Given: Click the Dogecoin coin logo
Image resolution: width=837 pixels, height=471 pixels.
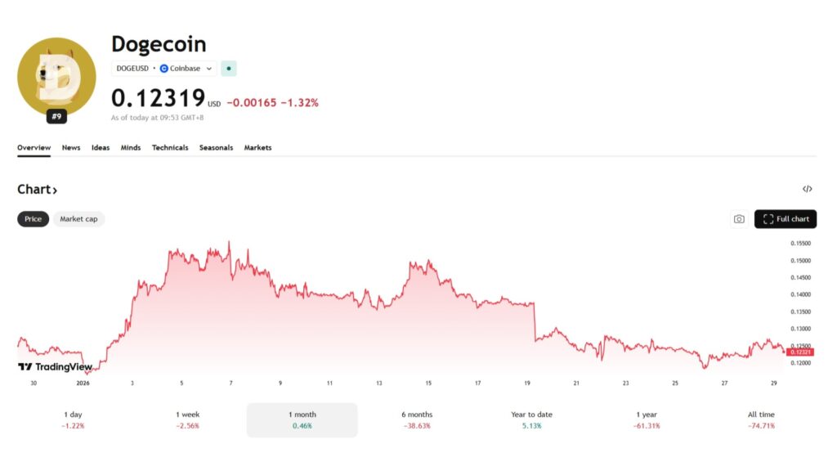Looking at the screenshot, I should [x=56, y=76].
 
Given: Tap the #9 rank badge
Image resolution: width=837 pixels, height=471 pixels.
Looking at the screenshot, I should [x=56, y=117].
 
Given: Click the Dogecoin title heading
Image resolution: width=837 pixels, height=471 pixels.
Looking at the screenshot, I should [x=159, y=44].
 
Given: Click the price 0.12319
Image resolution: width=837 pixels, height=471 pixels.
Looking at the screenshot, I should [x=158, y=98].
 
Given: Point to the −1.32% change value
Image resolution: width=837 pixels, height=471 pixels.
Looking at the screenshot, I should [x=299, y=103].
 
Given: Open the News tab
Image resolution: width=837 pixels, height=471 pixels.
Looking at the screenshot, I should [x=71, y=148].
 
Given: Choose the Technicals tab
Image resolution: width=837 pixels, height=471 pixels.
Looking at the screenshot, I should [x=170, y=148].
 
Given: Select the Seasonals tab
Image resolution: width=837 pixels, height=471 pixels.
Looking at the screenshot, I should [x=216, y=148].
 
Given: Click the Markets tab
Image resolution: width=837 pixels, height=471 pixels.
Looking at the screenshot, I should [x=257, y=148].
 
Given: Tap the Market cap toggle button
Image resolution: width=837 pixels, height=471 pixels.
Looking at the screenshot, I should [x=78, y=219].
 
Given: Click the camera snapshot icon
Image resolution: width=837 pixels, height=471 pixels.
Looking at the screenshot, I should [x=739, y=219].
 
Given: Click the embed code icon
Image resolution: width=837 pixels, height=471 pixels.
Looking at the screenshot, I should [x=807, y=189].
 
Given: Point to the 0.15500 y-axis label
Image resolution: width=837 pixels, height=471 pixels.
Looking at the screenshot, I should [x=800, y=244].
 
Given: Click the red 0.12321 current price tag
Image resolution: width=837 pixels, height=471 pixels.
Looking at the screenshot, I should [x=801, y=352].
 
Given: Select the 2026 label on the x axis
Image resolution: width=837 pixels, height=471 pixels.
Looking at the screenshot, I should [x=83, y=383].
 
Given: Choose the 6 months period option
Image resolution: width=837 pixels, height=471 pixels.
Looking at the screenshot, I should [x=417, y=419].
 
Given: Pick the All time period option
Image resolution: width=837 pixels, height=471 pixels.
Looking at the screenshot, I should [x=760, y=419].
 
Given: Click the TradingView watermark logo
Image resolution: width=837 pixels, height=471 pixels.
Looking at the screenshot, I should [x=56, y=367].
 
